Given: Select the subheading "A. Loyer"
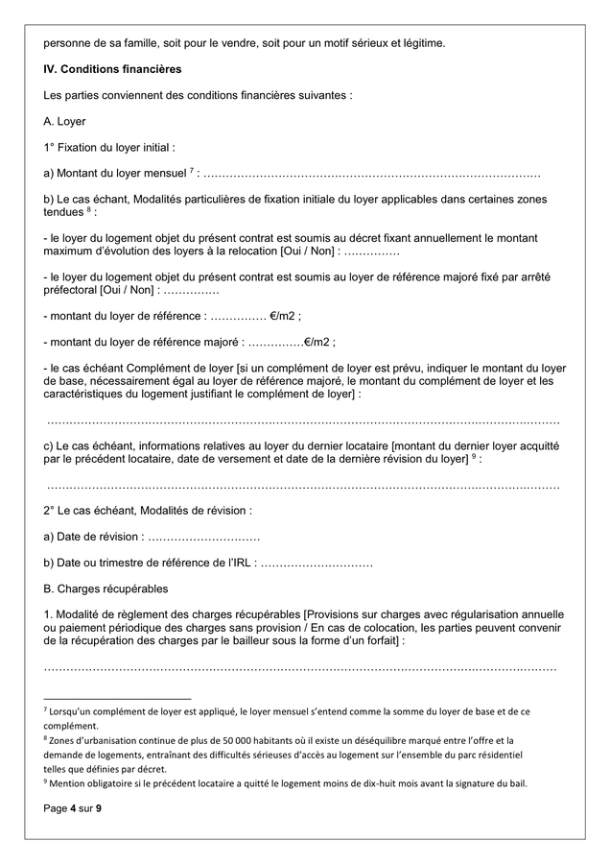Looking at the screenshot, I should tap(65, 122).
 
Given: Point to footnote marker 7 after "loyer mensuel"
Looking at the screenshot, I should tap(193, 170).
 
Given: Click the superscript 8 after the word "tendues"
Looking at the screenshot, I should tap(88, 208).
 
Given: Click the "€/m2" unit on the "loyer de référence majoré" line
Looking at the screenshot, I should tap(318, 342).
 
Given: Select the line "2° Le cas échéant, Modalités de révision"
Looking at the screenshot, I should tap(148, 511).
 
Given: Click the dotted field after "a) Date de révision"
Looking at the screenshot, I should tap(204, 537).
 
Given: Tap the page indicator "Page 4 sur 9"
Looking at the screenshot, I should tap(72, 809).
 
